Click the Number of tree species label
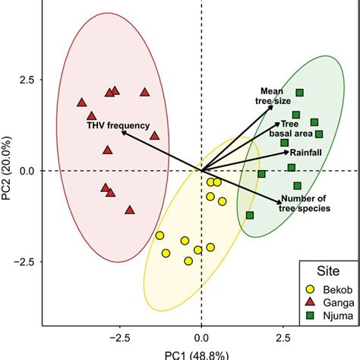click(305, 203)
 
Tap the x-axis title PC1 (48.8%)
click(201, 354)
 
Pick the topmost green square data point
click(299, 93)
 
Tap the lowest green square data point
click(250, 216)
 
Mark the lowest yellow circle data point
click(188, 261)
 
